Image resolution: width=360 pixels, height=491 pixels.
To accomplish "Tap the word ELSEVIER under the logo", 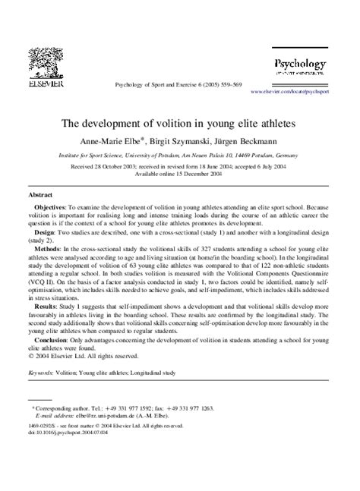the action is click(x=46, y=85).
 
